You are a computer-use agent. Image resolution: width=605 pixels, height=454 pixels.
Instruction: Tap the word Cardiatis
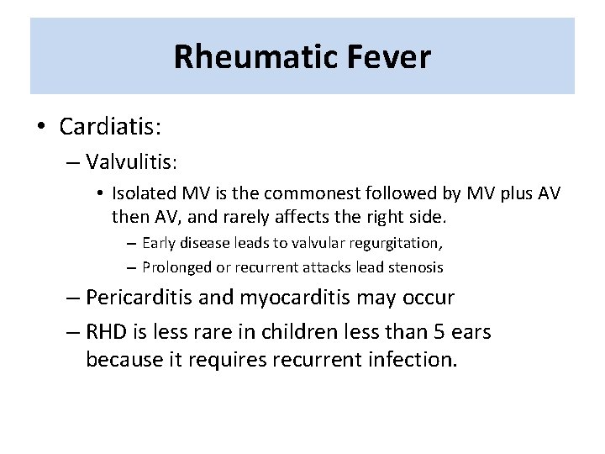point(110,127)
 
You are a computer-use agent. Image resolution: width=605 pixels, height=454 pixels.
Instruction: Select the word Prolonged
point(175,267)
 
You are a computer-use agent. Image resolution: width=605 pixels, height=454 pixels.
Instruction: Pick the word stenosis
point(416,267)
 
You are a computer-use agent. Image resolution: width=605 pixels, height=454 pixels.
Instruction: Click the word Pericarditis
point(138,298)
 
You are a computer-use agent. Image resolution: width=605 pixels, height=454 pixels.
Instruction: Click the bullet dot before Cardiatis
point(42,128)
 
